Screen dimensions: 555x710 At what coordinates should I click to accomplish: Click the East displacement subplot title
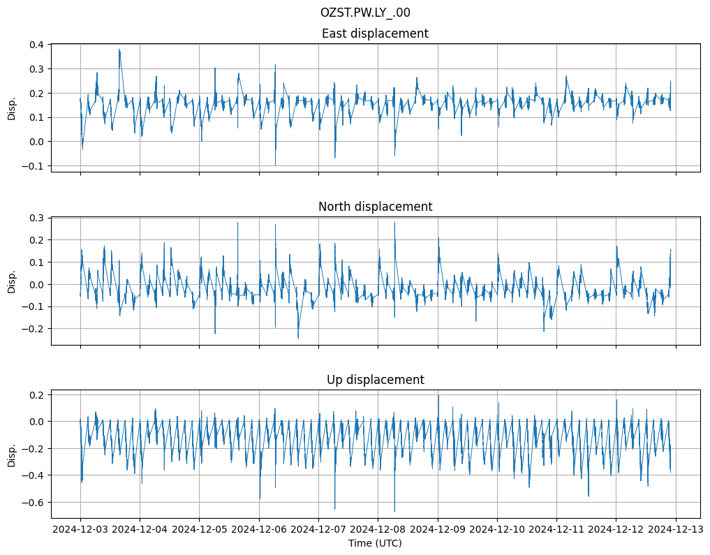click(x=375, y=34)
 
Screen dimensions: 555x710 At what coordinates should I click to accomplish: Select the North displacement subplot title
click(x=375, y=207)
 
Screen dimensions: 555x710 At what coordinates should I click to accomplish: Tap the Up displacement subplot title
click(x=375, y=380)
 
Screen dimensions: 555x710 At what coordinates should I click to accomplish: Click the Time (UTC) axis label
click(x=375, y=543)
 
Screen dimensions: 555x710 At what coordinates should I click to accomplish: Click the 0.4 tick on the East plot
click(x=36, y=45)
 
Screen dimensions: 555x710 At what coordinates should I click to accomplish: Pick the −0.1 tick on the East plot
click(x=34, y=166)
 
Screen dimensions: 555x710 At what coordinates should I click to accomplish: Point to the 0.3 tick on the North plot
click(x=36, y=218)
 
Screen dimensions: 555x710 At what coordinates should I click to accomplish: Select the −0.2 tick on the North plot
click(x=34, y=329)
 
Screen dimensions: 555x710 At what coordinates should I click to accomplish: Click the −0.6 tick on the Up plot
click(x=34, y=503)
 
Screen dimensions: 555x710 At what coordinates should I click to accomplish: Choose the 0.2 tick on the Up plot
click(x=36, y=395)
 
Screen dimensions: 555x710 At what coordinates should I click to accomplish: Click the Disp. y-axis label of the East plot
click(x=12, y=108)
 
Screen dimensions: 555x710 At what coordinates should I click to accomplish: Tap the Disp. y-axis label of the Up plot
click(x=12, y=454)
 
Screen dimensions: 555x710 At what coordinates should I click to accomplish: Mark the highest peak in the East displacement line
click(x=119, y=49)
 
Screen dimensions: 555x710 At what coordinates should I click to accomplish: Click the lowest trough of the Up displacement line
click(x=394, y=512)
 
